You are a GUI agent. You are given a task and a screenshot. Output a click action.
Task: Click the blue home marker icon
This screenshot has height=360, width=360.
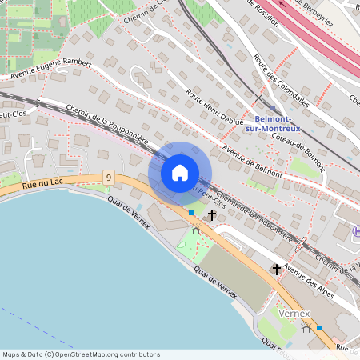tap(180, 173)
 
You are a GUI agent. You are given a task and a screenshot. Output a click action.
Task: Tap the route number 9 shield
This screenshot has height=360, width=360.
tap(108, 177)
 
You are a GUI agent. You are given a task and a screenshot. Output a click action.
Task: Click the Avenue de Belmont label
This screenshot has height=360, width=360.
tap(253, 163)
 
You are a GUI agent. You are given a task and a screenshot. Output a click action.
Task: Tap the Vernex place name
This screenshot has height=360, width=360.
tap(295, 314)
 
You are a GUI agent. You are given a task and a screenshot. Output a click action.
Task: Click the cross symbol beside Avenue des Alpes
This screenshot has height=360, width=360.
tap(277, 269)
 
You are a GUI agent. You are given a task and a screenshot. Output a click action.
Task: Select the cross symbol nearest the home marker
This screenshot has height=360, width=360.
tap(212, 214)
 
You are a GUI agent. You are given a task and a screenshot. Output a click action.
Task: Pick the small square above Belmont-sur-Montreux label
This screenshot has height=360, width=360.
tap(272, 109)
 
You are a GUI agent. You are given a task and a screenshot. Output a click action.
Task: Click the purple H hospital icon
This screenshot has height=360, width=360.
tap(356, 231)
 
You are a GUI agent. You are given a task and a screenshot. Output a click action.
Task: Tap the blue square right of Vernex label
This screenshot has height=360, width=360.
tap(319, 327)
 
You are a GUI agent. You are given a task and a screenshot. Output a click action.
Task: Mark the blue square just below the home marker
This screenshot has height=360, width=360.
tap(190, 213)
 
